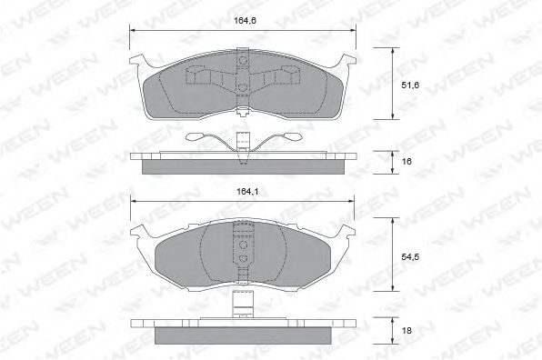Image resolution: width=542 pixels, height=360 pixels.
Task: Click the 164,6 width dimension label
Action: tap(245, 20)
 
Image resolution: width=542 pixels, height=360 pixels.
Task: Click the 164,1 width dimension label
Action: tap(247, 192)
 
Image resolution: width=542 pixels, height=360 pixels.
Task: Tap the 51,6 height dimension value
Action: tap(410, 85)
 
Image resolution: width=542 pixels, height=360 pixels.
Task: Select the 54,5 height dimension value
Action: tap(410, 256)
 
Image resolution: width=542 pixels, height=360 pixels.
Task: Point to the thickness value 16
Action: tap(406, 161)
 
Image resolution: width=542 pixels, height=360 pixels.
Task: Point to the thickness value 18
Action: tap(406, 331)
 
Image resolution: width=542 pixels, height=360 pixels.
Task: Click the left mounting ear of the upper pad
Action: tap(137, 61)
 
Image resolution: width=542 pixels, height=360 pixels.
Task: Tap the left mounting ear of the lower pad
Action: tap(138, 231)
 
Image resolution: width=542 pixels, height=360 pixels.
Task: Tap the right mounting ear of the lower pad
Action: tap(346, 231)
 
